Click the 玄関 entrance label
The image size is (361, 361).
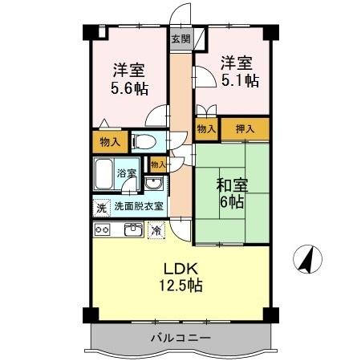[x=180, y=38]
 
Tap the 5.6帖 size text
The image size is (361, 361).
[x=128, y=88]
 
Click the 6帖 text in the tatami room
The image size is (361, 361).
[x=232, y=203]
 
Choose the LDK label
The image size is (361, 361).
[x=181, y=268]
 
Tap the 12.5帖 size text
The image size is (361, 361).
[x=181, y=286]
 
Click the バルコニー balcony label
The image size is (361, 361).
[x=180, y=337]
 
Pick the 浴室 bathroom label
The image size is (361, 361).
[x=127, y=172]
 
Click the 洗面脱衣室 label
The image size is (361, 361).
[x=138, y=205]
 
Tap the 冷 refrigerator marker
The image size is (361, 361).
[x=156, y=230]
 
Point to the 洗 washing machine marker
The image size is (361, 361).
[x=101, y=206]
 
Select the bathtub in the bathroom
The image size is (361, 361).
[x=104, y=173]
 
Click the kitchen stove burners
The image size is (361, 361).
[x=103, y=230]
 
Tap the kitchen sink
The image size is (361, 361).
[x=132, y=230]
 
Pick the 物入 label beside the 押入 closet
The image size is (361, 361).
[x=206, y=128]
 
